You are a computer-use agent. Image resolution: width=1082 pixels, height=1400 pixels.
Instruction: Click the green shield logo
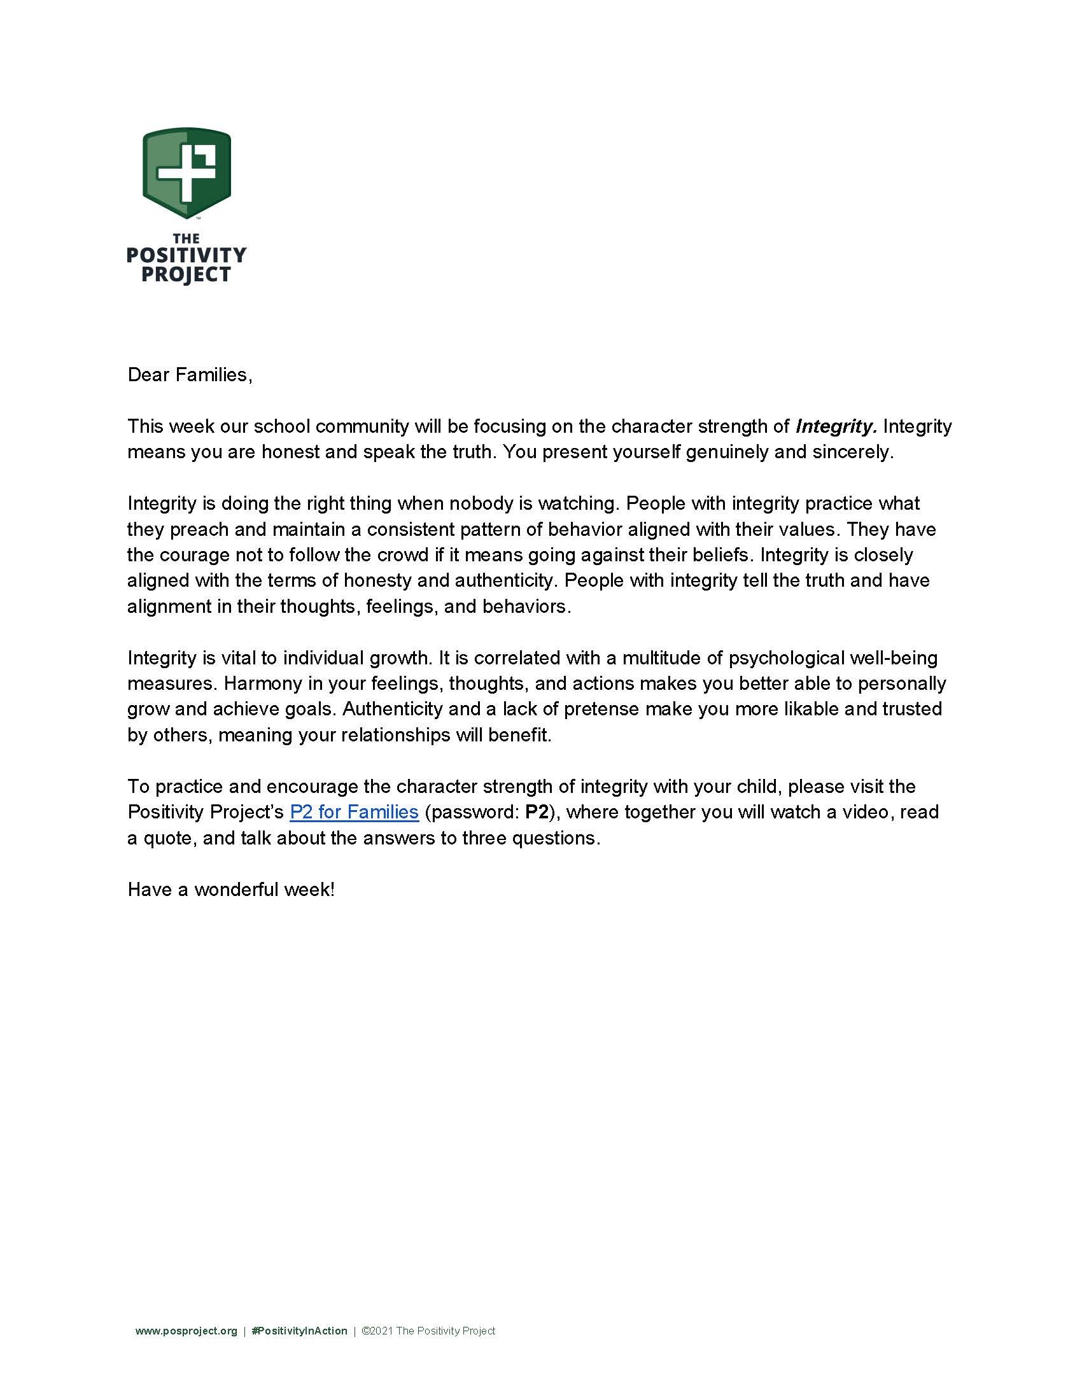tap(186, 172)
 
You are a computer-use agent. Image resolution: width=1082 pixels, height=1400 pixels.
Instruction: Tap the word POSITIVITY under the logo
tap(186, 256)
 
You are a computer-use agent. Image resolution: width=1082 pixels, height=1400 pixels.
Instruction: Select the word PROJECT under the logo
tap(186, 275)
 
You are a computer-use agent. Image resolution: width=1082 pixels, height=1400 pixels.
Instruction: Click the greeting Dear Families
tap(190, 375)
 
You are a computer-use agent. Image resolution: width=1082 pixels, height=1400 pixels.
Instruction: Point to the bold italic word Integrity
tap(835, 426)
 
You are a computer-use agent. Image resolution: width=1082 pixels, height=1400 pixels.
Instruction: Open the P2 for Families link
tap(354, 812)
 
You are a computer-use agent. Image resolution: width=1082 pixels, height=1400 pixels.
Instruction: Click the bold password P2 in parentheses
tap(537, 812)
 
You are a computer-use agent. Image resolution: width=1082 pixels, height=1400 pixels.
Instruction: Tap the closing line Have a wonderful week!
tap(231, 890)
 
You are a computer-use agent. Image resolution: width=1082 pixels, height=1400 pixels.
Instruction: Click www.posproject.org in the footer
tap(186, 1331)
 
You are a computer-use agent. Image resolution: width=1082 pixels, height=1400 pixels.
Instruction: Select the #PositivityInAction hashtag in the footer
tap(299, 1331)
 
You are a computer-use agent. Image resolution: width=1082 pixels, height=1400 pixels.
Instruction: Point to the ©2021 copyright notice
tap(428, 1331)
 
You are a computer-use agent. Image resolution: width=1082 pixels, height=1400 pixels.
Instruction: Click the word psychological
tap(786, 659)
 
